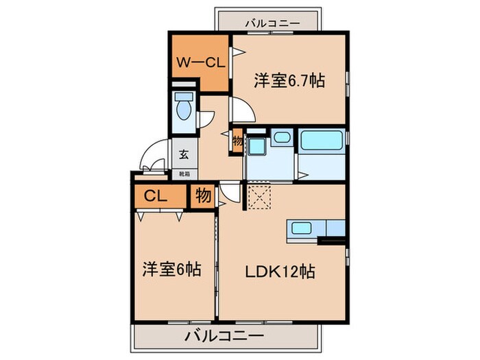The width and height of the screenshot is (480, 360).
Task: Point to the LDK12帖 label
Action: point(281,272)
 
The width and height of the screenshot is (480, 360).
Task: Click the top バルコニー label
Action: point(272,23)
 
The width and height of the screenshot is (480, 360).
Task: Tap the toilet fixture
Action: point(183,108)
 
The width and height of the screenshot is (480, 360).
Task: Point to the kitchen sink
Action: point(302,229)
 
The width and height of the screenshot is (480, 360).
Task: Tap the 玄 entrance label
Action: point(184,155)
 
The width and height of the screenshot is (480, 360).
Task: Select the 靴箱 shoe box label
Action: point(184,174)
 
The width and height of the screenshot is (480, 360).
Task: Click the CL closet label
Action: point(156,196)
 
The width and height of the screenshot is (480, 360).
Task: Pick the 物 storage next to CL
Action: point(203,195)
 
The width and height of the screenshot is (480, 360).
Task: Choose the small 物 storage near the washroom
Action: point(237,140)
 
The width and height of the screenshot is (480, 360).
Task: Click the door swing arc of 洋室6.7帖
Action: point(241,110)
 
